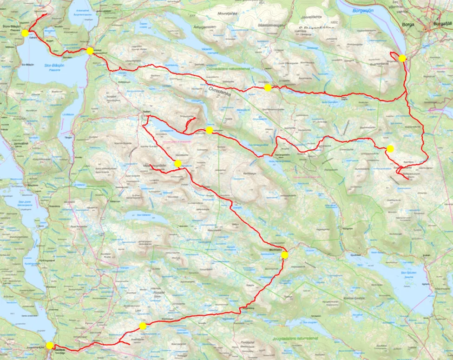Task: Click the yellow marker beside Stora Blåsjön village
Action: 25,33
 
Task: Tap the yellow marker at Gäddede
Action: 49,346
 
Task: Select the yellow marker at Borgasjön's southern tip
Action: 402,58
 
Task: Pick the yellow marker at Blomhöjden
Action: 285,255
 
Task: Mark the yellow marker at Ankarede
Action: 90,50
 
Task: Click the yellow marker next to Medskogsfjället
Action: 177,163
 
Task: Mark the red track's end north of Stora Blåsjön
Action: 46,14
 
